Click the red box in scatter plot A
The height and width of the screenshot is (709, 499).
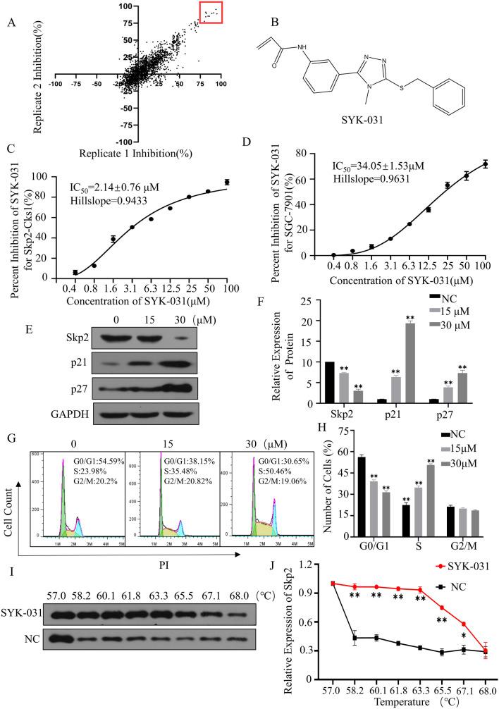click(211, 13)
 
